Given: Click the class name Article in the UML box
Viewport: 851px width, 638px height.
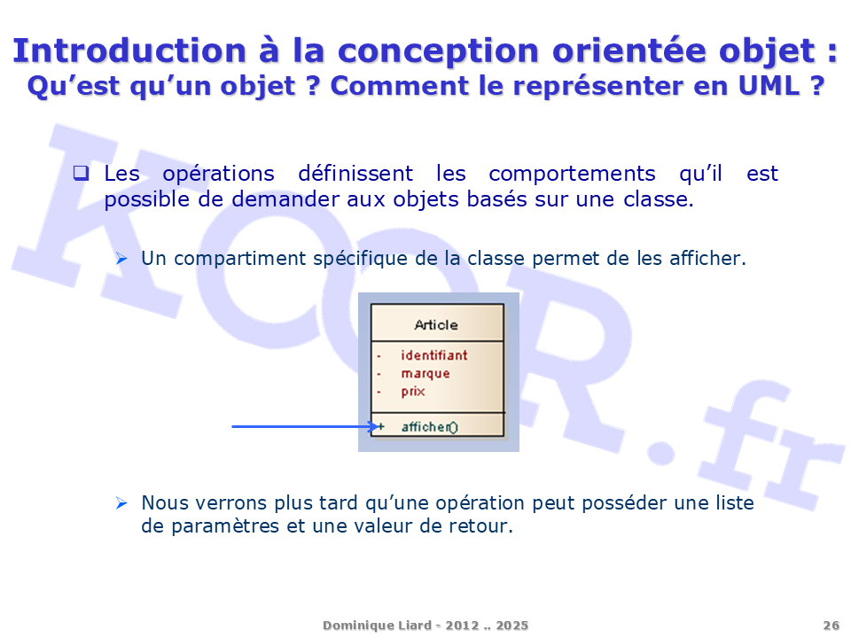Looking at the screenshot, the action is (x=436, y=325).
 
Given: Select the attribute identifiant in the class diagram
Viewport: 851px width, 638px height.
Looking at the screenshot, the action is (x=434, y=355).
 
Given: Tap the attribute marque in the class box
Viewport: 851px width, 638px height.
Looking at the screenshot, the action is (x=425, y=374).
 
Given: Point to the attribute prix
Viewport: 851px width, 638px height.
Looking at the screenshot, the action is (x=413, y=392).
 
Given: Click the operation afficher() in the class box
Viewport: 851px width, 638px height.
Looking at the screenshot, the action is (x=429, y=427).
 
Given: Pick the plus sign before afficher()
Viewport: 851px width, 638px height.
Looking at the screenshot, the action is (x=381, y=427).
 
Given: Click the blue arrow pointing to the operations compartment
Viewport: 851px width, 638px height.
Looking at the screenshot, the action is (x=306, y=427).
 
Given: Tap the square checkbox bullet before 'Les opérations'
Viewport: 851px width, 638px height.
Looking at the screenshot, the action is (x=81, y=173).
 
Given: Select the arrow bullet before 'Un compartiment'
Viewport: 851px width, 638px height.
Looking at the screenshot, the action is (x=121, y=259).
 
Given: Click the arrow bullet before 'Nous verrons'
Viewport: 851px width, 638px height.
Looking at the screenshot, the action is (x=121, y=503).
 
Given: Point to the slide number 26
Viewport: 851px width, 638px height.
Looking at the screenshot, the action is (x=831, y=626).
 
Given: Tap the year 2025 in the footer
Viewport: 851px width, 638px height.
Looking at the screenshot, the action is (x=511, y=626).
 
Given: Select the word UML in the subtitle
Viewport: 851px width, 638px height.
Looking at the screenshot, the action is (x=769, y=86).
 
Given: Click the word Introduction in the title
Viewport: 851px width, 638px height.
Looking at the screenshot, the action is (x=129, y=51).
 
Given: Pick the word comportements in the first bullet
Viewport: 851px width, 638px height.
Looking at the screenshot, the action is (x=572, y=174).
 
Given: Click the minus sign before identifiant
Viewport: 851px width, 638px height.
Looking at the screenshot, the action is (x=379, y=356).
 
